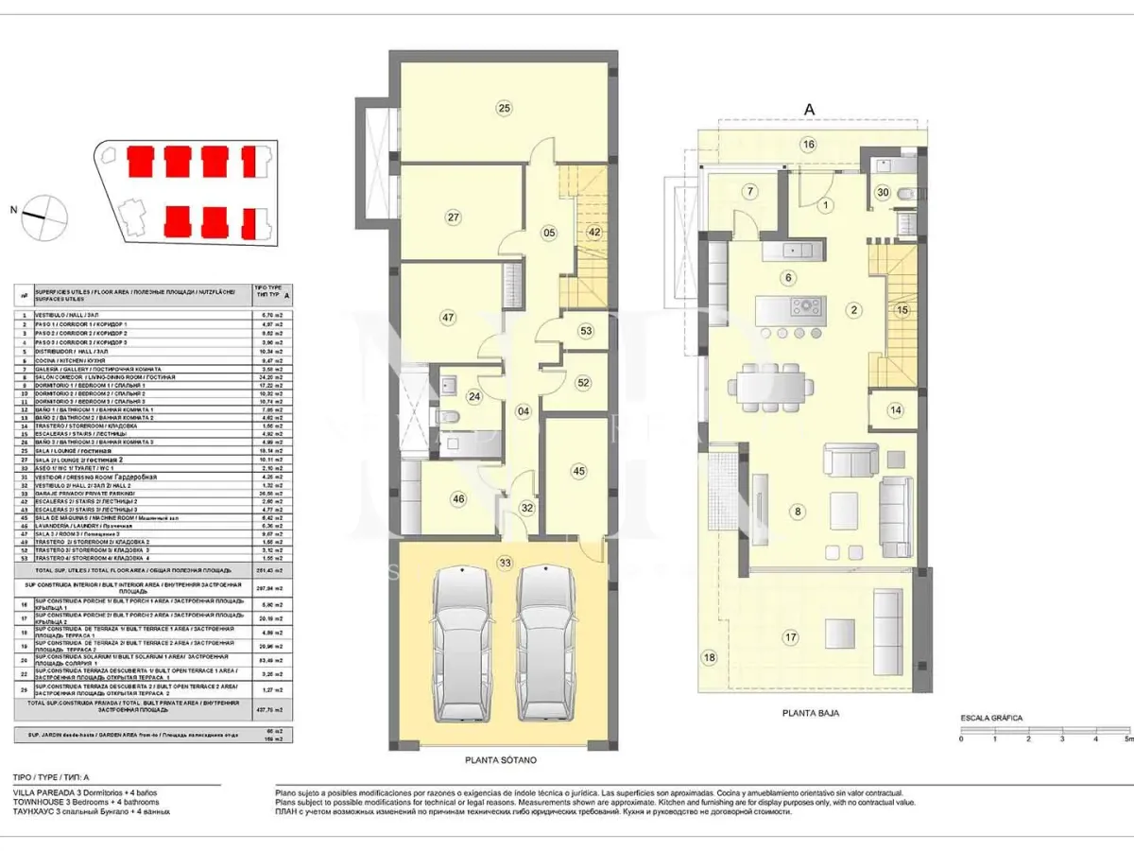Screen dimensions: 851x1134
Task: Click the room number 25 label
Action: pyautogui.click(x=505, y=109)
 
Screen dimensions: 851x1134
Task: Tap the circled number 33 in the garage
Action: pyautogui.click(x=506, y=564)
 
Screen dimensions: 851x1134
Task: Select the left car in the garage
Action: pyautogui.click(x=463, y=643)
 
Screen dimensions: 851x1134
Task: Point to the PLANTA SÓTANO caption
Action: pyautogui.click(x=503, y=759)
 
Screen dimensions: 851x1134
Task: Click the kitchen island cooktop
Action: pyautogui.click(x=809, y=306)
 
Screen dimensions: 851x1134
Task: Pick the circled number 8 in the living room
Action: pyautogui.click(x=799, y=512)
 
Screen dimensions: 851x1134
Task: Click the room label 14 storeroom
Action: pyautogui.click(x=895, y=410)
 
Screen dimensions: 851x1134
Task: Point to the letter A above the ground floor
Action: pyautogui.click(x=809, y=110)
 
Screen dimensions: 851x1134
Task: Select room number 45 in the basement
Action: pyautogui.click(x=578, y=471)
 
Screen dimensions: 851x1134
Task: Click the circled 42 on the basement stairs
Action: pyautogui.click(x=594, y=232)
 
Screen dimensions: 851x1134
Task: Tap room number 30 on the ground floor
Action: pyautogui.click(x=883, y=192)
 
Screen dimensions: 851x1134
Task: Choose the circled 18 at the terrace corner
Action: pyautogui.click(x=710, y=657)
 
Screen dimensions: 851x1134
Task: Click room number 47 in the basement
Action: pyautogui.click(x=448, y=318)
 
